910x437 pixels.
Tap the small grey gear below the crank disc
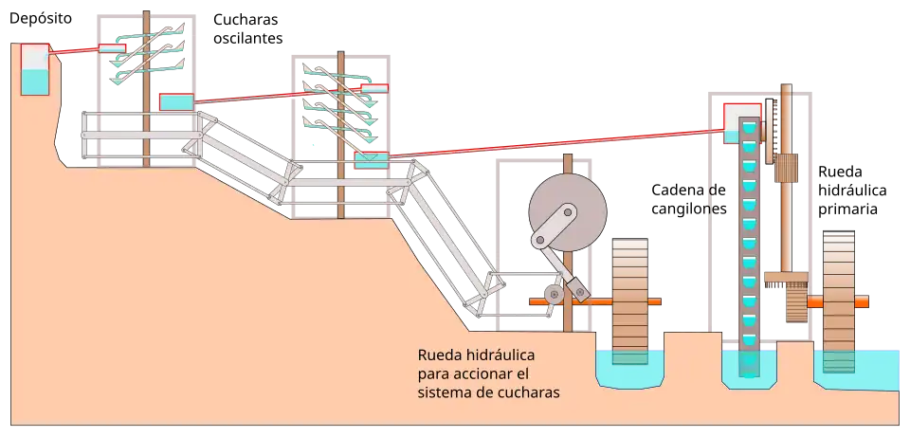(x=555, y=296)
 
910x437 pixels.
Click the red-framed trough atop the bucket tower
(x=741, y=122)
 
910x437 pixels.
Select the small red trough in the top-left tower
(x=112, y=49)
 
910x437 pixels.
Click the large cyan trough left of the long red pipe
(x=174, y=101)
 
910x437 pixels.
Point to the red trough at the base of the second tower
(x=370, y=160)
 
